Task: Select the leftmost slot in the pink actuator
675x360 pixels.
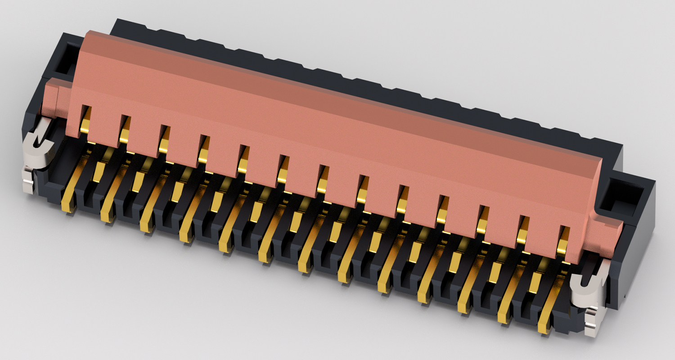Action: click(85, 119)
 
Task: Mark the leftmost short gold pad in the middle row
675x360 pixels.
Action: click(98, 171)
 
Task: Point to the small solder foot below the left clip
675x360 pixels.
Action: click(28, 184)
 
